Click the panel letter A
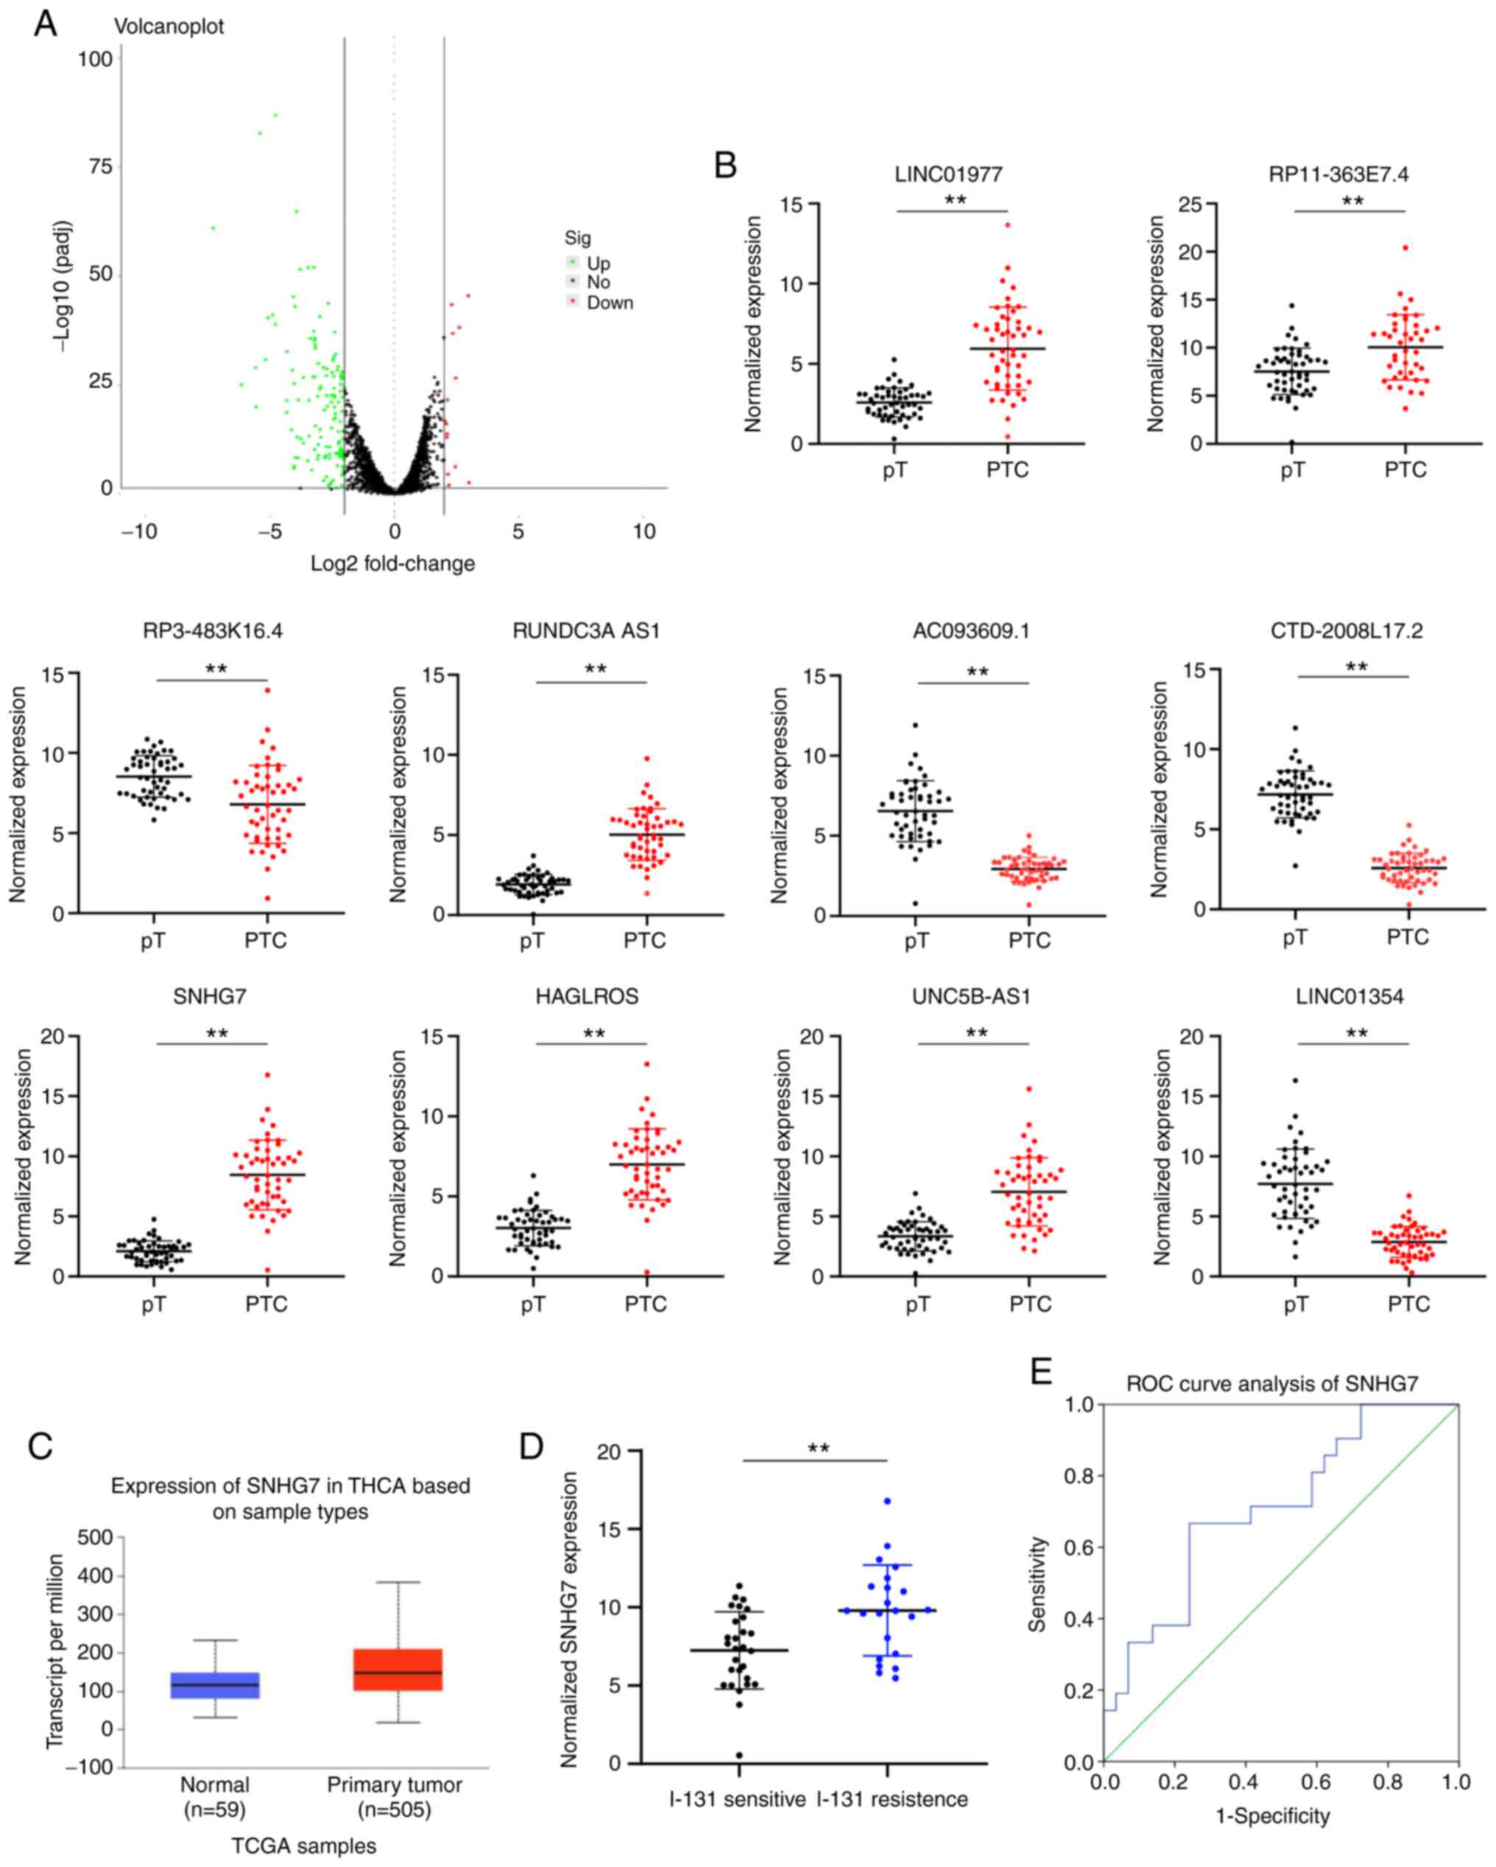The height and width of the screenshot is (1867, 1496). pyautogui.click(x=45, y=24)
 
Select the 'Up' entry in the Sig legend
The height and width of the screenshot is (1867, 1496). pyautogui.click(x=597, y=263)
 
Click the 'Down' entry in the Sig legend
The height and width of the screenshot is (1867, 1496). pyautogui.click(x=610, y=302)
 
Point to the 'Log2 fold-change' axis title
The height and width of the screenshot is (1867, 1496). pyautogui.click(x=393, y=563)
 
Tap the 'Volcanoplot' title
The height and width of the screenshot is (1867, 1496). pyautogui.click(x=169, y=26)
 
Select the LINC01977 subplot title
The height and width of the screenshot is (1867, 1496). pyautogui.click(x=948, y=175)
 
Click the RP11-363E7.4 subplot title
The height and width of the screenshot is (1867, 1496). pyautogui.click(x=1338, y=175)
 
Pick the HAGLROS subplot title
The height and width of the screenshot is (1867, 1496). pyautogui.click(x=586, y=996)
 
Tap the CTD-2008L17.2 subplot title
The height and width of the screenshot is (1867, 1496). pyautogui.click(x=1347, y=630)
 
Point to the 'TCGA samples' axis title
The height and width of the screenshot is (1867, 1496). pyautogui.click(x=304, y=1846)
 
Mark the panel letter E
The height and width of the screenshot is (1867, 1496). pyautogui.click(x=1042, y=1371)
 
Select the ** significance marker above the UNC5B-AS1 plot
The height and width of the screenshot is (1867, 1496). pyautogui.click(x=976, y=1033)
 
